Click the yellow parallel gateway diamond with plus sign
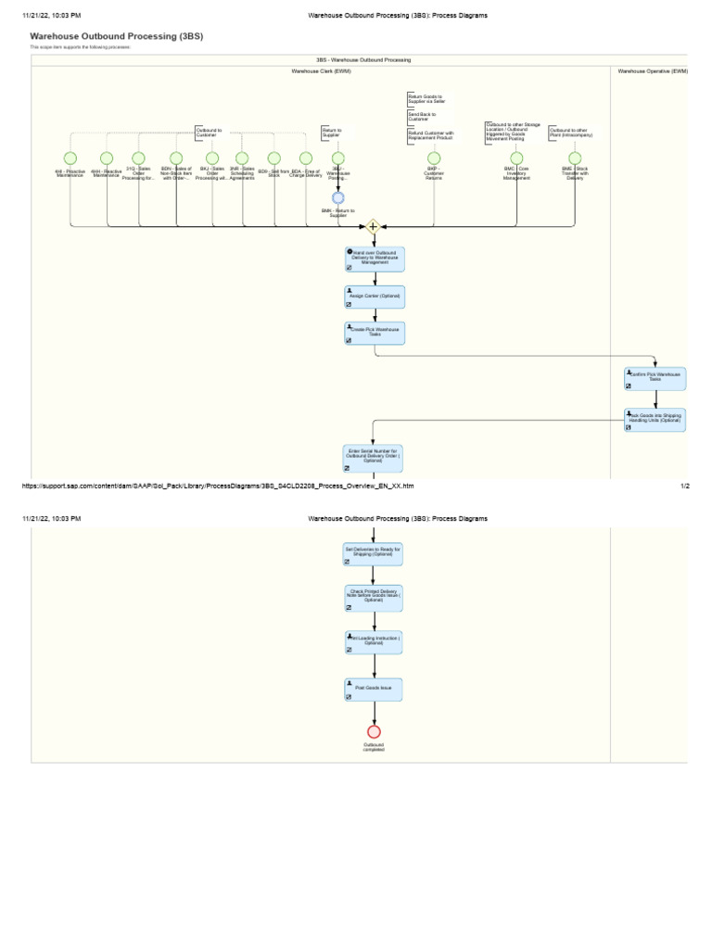tap(374, 226)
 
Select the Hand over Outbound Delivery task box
tap(375, 259)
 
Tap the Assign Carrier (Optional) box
tap(375, 296)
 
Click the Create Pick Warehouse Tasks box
tap(375, 334)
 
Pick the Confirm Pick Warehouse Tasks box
tap(655, 377)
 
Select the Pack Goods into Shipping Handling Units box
tap(655, 420)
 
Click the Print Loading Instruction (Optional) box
tap(375, 642)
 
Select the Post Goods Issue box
tap(375, 689)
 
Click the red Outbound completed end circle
tap(375, 731)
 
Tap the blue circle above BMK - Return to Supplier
tap(338, 197)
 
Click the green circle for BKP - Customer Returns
tap(434, 158)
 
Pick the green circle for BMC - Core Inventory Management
tap(516, 158)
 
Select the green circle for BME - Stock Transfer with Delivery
tap(575, 158)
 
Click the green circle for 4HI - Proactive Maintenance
tap(70, 158)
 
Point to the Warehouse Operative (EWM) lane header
tap(653, 70)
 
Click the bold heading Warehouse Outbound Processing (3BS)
tap(116, 36)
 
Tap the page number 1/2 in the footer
tap(684, 486)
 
